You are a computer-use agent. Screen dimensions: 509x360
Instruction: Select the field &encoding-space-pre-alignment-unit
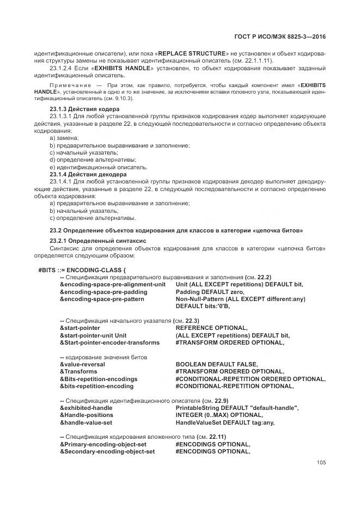(x=112, y=284)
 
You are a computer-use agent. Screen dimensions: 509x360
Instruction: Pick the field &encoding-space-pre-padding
(x=103, y=292)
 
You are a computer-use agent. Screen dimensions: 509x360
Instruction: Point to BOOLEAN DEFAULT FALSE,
(x=216, y=364)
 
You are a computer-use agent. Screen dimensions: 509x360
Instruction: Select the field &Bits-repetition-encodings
(x=98, y=379)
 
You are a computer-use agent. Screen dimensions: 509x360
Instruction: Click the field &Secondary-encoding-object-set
(x=107, y=451)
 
